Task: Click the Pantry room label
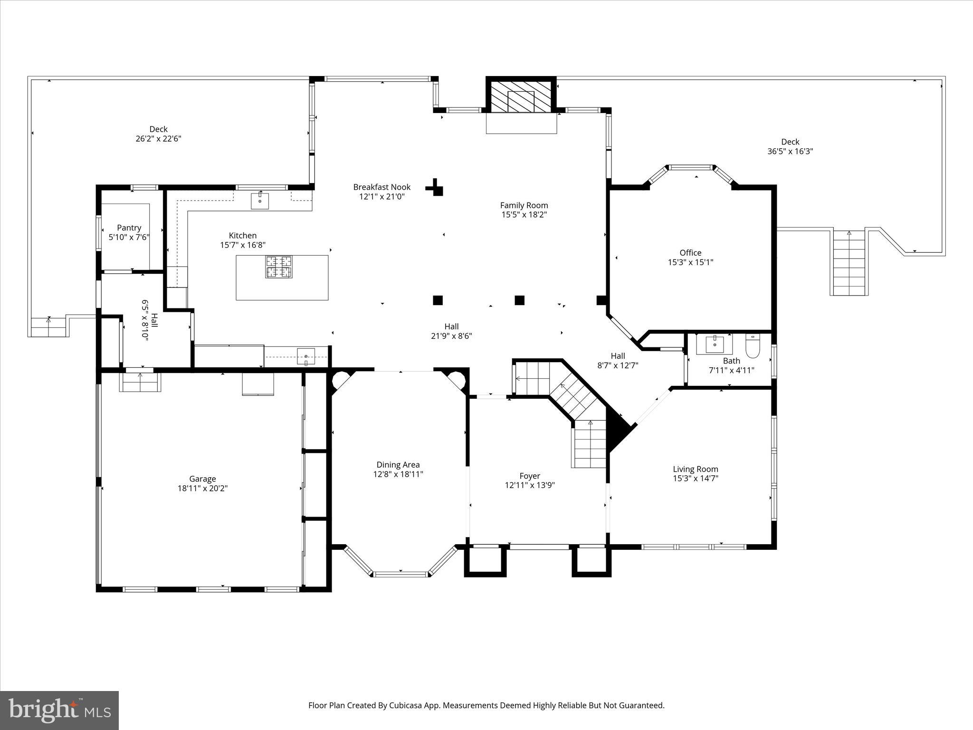click(x=129, y=228)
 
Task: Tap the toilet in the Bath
click(x=753, y=346)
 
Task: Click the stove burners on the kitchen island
click(x=279, y=267)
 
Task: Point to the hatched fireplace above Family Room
click(x=521, y=96)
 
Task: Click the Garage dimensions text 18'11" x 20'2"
click(x=202, y=488)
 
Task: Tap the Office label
click(x=690, y=252)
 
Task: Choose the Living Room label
click(x=695, y=469)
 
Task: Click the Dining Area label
click(x=398, y=464)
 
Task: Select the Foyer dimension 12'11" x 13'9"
click(x=529, y=485)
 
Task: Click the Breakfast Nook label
click(x=382, y=187)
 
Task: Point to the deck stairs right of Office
click(x=849, y=262)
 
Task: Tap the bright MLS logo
click(x=59, y=711)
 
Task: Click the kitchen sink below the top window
click(x=260, y=201)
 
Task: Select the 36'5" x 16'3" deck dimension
click(x=790, y=152)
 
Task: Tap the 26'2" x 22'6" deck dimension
click(x=158, y=139)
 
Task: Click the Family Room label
click(x=524, y=205)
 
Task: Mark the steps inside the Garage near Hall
click(x=140, y=382)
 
